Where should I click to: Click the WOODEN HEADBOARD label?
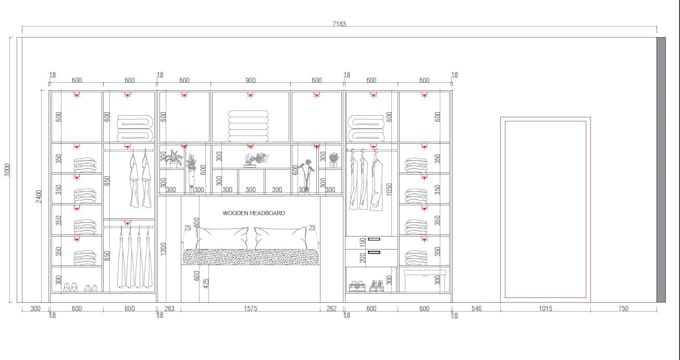click(x=253, y=213)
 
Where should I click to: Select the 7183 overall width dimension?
click(x=339, y=24)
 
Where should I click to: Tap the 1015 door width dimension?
click(x=545, y=309)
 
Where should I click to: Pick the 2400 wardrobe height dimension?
click(x=39, y=197)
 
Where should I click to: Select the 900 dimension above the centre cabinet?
click(x=250, y=80)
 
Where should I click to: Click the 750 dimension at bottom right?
click(x=624, y=309)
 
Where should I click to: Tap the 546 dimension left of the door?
click(x=477, y=309)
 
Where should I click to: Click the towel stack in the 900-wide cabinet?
click(x=250, y=125)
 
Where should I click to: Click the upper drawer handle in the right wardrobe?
click(x=373, y=240)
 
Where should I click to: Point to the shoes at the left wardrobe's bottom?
click(x=78, y=288)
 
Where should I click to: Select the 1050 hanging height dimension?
click(x=388, y=187)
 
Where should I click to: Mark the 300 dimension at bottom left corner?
click(x=35, y=309)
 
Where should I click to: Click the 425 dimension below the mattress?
click(x=206, y=282)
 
